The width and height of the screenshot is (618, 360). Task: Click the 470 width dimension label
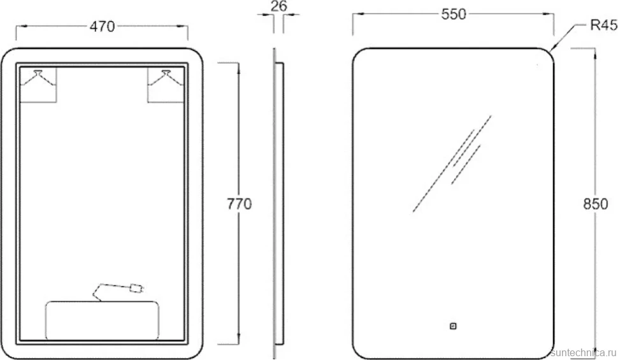pyautogui.click(x=102, y=26)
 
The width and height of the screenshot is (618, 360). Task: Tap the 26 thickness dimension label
pyautogui.click(x=278, y=6)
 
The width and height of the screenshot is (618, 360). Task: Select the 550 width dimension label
pyautogui.click(x=453, y=14)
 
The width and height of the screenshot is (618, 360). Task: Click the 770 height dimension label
pyautogui.click(x=240, y=204)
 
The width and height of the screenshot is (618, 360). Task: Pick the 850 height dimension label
pyautogui.click(x=596, y=204)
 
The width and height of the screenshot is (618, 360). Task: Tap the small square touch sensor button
pyautogui.click(x=453, y=326)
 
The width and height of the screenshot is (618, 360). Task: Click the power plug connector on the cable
pyautogui.click(x=136, y=288)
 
